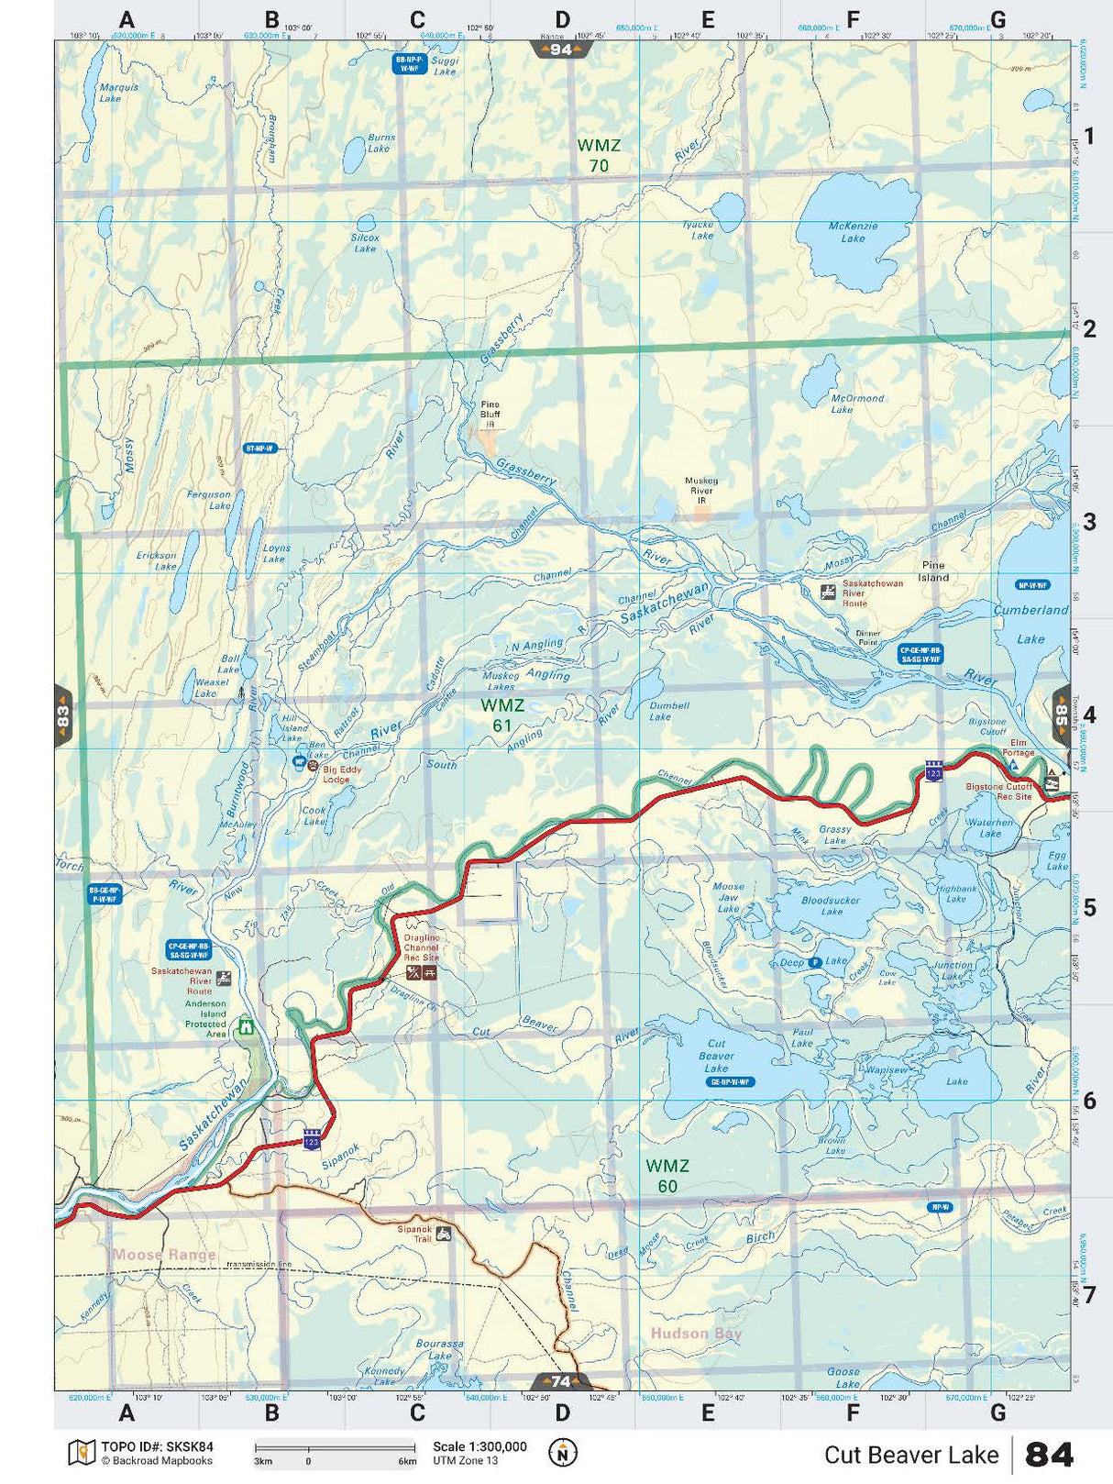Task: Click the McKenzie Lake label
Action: [x=853, y=232]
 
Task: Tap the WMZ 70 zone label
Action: [x=599, y=155]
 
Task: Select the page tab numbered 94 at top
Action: [x=560, y=50]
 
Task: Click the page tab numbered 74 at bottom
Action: [x=560, y=1381]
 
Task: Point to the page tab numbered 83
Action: [x=62, y=715]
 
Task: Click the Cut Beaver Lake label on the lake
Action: [x=716, y=1056]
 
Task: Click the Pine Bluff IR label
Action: [x=490, y=414]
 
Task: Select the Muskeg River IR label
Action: [x=701, y=491]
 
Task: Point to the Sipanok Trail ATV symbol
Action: [x=444, y=1234]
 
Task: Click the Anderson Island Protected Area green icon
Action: [x=246, y=1026]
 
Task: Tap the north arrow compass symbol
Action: [x=562, y=1453]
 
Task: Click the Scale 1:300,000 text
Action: [x=479, y=1446]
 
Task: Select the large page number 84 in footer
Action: [x=1049, y=1455]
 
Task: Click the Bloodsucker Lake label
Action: [x=831, y=906]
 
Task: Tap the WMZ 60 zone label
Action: [x=667, y=1176]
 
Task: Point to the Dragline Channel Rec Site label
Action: [x=422, y=947]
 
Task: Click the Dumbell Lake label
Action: [x=668, y=711]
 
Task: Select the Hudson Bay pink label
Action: [x=696, y=1334]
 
